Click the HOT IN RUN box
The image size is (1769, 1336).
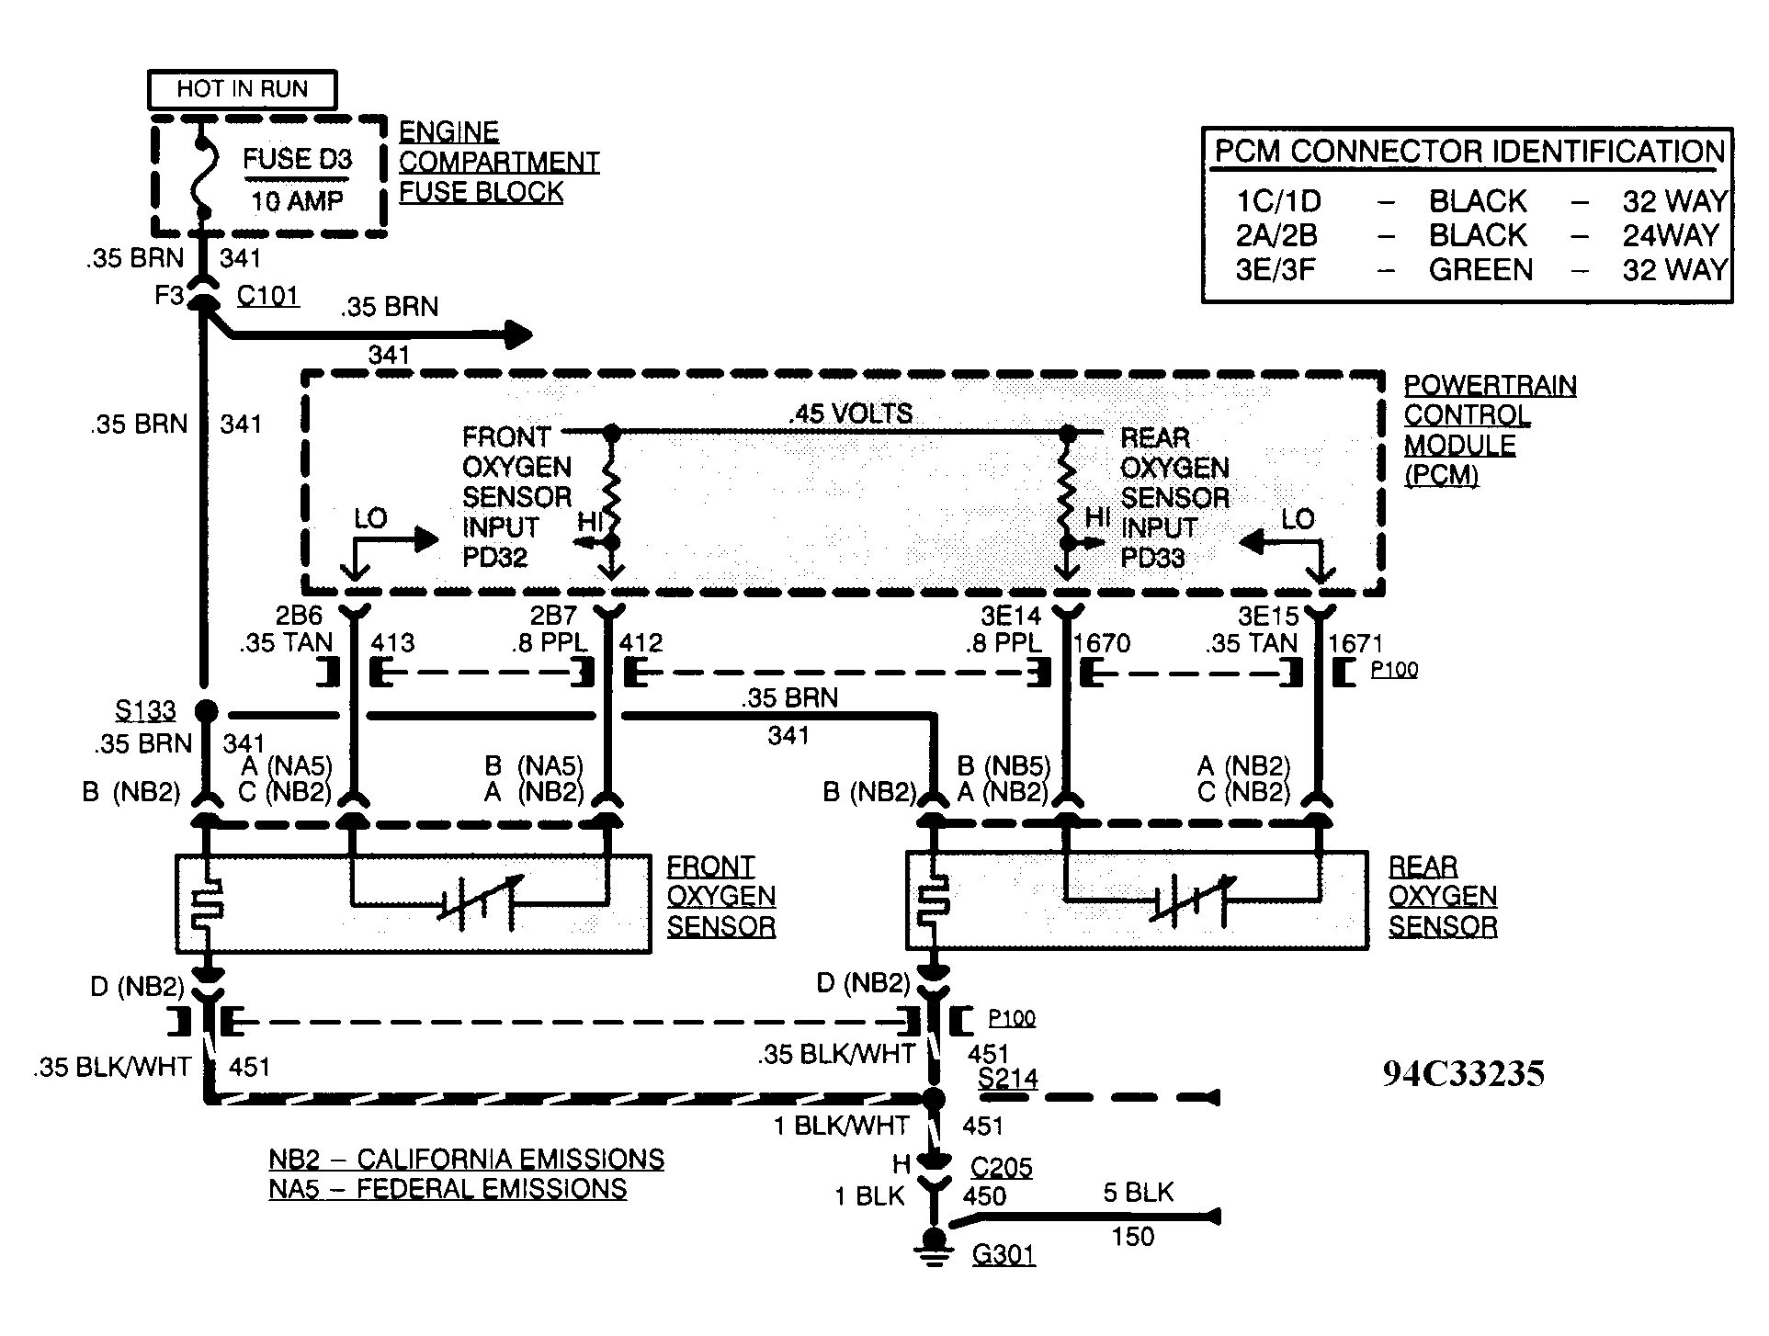coord(243,89)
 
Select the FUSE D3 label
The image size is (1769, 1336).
coord(297,160)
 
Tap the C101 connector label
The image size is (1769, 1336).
coord(267,296)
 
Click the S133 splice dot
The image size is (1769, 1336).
coord(206,710)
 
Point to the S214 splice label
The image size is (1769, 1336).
coord(1007,1078)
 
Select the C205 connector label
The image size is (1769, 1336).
coord(1002,1168)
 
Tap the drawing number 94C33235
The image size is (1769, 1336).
coord(1463,1073)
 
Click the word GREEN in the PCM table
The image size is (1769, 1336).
coord(1480,270)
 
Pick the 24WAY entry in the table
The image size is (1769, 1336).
coord(1670,236)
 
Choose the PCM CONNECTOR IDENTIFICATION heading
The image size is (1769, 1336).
coord(1469,152)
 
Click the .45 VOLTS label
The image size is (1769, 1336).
coord(851,413)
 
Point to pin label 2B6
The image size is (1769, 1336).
coord(299,615)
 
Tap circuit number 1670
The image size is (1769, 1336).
coord(1102,643)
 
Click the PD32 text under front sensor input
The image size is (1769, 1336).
coord(495,558)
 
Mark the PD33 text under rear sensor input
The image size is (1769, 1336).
coord(1153,558)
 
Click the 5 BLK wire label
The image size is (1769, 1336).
coord(1139,1193)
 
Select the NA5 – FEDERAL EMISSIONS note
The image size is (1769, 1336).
coord(448,1189)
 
